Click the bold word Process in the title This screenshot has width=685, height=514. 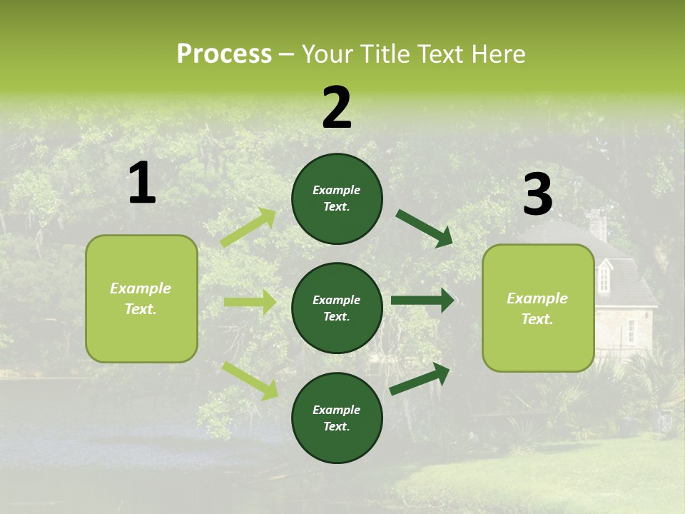point(224,54)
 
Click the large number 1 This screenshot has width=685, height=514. point(142,183)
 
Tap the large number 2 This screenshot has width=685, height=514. point(337,108)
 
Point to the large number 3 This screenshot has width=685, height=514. point(537,195)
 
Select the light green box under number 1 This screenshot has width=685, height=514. point(141,298)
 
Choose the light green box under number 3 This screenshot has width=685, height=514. point(538,308)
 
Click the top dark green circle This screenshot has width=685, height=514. point(337,198)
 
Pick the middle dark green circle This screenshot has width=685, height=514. point(337,308)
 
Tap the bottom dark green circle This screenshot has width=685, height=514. point(337,418)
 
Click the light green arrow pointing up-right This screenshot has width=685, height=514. point(248,228)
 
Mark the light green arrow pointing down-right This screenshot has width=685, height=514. point(250,381)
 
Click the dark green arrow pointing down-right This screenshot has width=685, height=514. point(425,228)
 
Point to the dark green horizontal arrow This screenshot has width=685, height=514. point(422,300)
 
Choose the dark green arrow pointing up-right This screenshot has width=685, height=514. point(420,378)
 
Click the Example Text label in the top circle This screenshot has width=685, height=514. point(337,198)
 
